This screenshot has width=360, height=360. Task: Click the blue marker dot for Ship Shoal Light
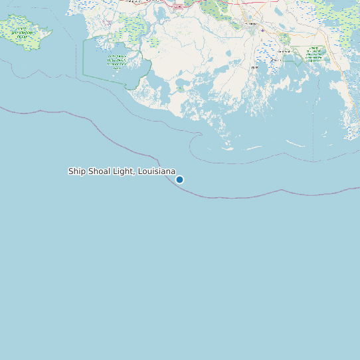coord(179,179)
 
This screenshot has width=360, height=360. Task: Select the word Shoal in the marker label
coord(99,171)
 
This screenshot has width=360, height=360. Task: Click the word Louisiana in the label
coord(156,171)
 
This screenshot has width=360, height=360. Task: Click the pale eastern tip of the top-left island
coord(48,30)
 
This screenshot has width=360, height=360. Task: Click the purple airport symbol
coord(263,30)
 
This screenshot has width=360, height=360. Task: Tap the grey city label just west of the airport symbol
coord(251,24)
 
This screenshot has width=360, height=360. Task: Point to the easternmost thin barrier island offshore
coord(296,143)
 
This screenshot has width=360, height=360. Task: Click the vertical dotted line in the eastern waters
coord(314,143)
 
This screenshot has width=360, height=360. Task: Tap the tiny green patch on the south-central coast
coord(180,88)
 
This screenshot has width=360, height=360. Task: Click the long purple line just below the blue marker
coord(219,197)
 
